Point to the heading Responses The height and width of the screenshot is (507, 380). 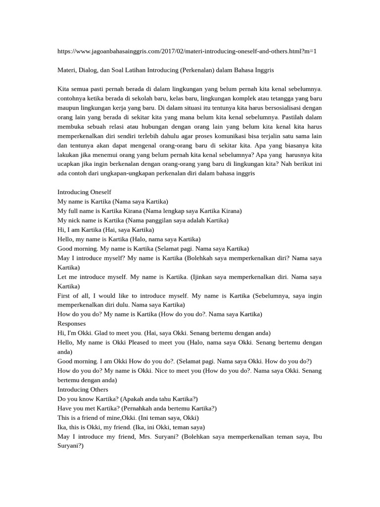click(72, 323)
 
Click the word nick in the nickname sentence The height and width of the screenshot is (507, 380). click(78, 220)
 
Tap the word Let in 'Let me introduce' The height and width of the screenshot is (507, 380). click(62, 277)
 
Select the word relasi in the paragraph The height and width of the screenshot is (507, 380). click(123, 127)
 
